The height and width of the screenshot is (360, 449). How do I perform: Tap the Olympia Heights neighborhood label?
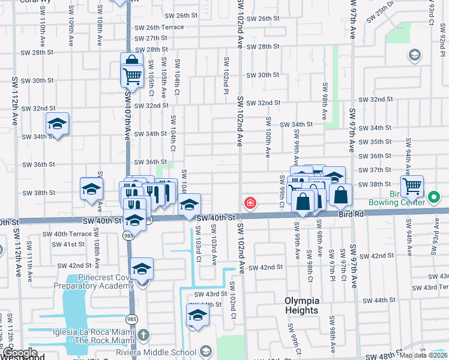301,305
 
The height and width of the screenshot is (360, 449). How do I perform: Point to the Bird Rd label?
351,214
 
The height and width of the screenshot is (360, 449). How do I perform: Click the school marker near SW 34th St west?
57,124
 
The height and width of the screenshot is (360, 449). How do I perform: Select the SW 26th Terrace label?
159,28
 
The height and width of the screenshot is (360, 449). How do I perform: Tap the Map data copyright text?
423,355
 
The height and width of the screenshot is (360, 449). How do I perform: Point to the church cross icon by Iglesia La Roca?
143,335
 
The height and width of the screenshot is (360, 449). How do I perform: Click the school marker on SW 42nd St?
142,268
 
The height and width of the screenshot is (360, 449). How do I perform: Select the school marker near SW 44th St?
197,314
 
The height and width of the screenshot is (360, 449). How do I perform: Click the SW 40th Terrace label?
73,233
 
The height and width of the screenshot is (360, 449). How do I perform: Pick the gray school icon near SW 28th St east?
414,56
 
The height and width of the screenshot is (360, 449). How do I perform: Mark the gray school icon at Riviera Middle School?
205,352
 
